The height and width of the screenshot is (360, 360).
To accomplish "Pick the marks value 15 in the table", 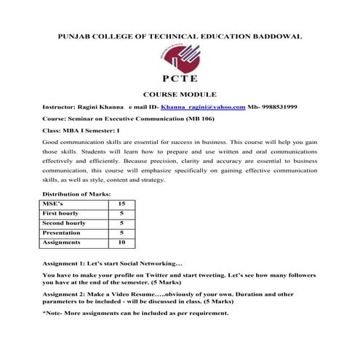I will point(121,205).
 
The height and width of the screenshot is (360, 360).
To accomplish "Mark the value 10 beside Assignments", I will point(121,242).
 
